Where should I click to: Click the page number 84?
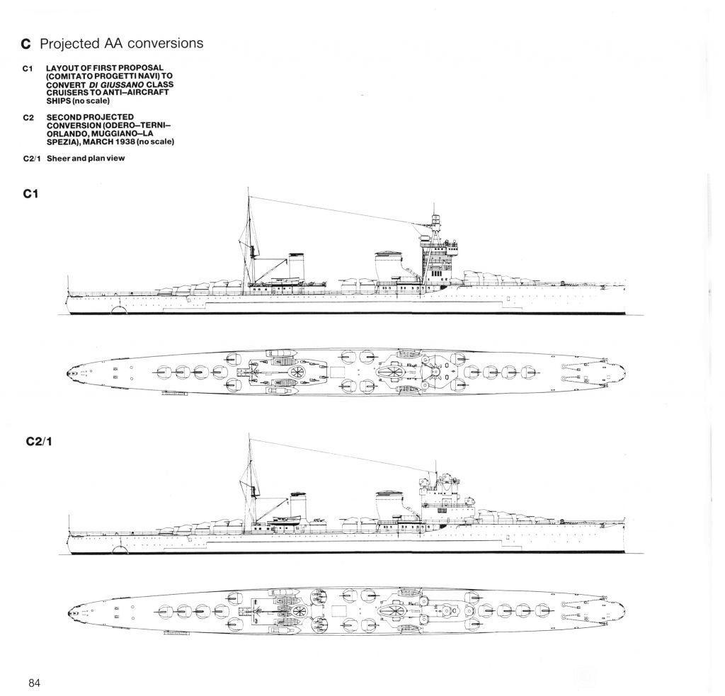(x=34, y=683)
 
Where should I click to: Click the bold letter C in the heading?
(x=26, y=44)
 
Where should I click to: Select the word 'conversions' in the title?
(x=166, y=43)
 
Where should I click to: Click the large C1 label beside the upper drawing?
(x=30, y=194)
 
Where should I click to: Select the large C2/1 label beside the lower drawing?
(x=39, y=442)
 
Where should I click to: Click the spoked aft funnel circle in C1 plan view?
(x=297, y=372)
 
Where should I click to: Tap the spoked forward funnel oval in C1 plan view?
(x=391, y=371)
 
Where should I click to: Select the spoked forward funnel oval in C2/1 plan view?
(x=392, y=611)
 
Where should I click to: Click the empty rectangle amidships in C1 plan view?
(x=336, y=372)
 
